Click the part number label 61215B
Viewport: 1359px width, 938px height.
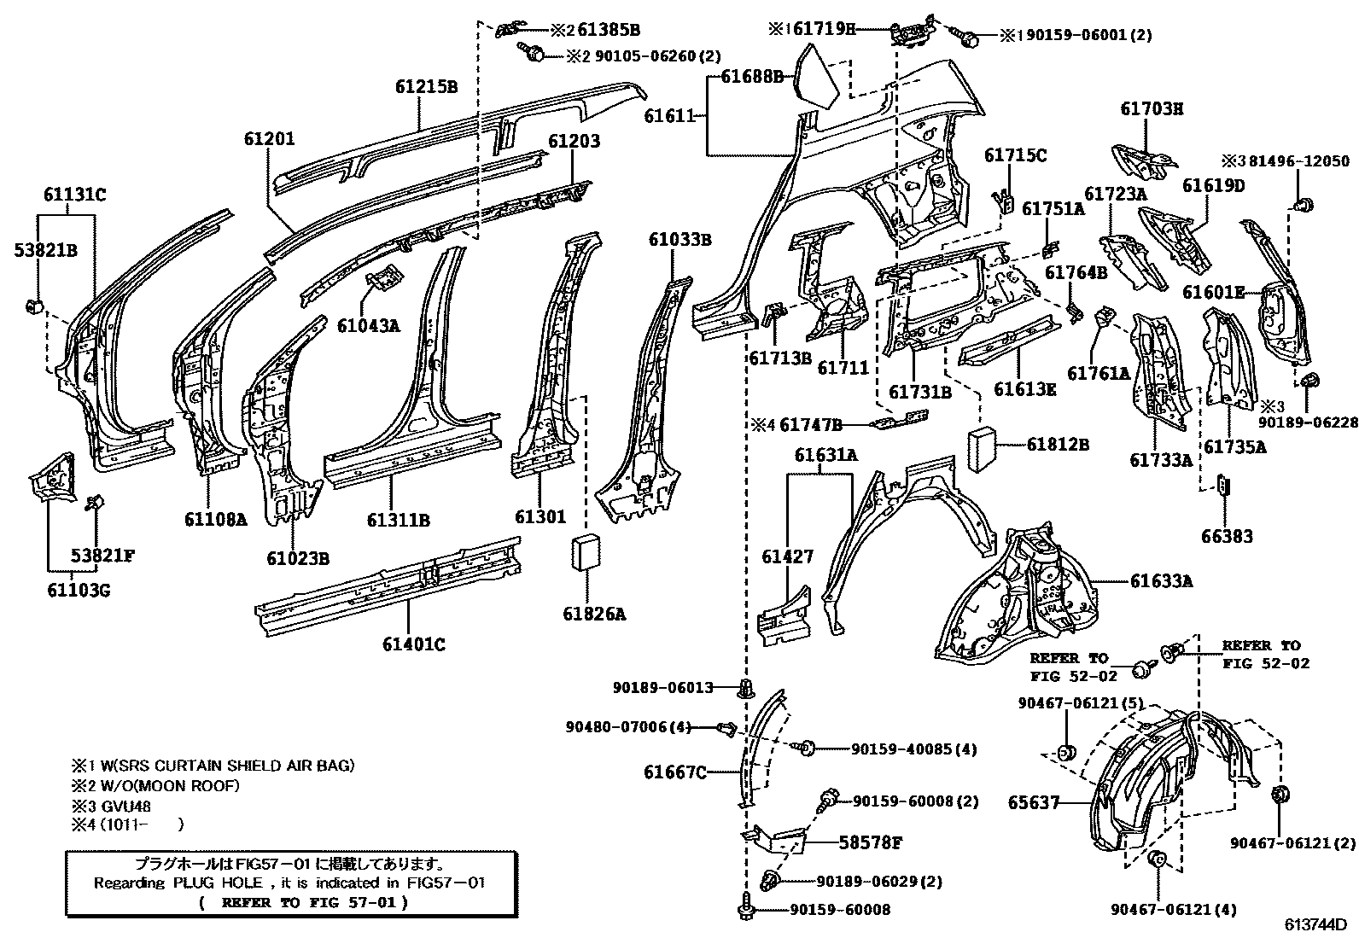(x=426, y=86)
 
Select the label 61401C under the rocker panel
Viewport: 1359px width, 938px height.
(x=413, y=644)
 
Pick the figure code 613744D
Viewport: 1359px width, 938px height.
(x=1315, y=924)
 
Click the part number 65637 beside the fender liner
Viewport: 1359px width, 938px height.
(x=1033, y=802)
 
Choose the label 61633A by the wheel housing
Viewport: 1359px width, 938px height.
(x=1161, y=581)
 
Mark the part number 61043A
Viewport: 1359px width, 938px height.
(x=368, y=325)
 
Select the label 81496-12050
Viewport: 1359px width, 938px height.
(x=1295, y=160)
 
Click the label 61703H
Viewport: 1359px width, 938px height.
(x=1152, y=108)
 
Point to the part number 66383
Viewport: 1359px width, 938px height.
(x=1227, y=536)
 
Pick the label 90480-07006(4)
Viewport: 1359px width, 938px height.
(x=627, y=727)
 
